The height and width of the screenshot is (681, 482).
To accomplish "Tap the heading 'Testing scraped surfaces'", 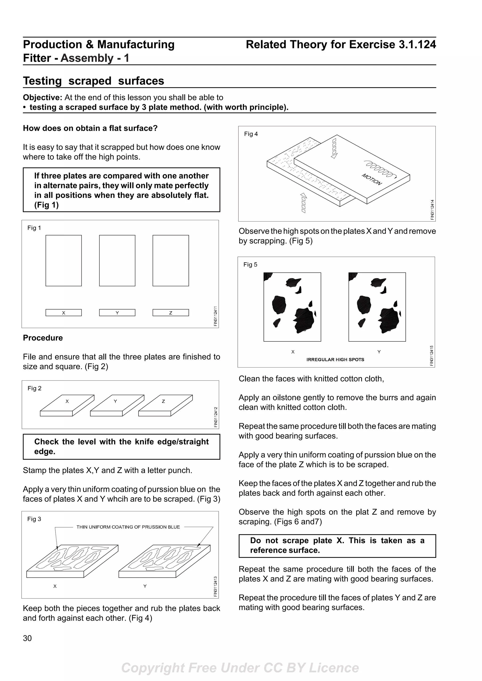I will click(x=93, y=81).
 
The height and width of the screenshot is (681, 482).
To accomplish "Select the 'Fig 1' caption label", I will click(x=34, y=228).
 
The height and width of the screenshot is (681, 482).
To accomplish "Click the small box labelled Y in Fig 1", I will click(x=117, y=313).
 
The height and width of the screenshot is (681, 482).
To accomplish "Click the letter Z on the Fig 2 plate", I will click(x=163, y=401).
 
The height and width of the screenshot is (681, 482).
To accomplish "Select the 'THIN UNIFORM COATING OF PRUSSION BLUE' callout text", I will click(x=128, y=527).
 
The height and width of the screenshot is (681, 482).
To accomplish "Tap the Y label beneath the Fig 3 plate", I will click(x=145, y=586).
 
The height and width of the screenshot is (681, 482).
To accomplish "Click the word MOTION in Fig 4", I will click(x=372, y=179).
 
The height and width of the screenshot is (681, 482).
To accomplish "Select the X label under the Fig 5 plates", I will click(x=293, y=352).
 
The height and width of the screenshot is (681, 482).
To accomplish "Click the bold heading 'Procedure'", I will click(x=43, y=338).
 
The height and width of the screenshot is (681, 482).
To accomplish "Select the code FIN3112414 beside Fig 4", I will click(x=432, y=209).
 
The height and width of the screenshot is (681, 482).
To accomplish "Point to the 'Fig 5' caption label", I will click(x=250, y=265).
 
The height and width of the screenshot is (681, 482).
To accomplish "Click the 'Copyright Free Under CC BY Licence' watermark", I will click(x=240, y=668).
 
